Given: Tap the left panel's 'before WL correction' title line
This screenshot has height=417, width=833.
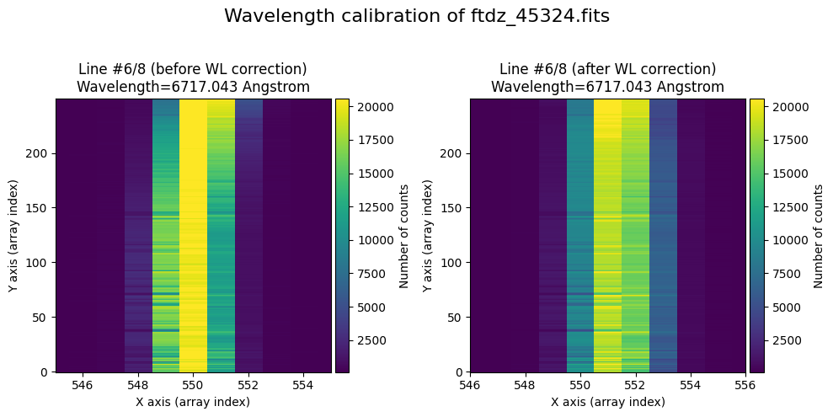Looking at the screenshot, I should (x=193, y=68).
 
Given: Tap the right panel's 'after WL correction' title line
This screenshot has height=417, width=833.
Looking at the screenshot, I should (x=607, y=68).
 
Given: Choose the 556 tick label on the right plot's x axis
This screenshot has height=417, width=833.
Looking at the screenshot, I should (x=746, y=384).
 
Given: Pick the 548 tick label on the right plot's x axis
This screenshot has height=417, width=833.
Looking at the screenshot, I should (x=525, y=384).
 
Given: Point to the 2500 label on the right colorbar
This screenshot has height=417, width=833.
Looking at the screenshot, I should (x=782, y=340).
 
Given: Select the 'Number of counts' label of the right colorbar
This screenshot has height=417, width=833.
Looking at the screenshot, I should (x=818, y=235).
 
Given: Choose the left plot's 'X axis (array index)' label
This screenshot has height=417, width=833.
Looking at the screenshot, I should (x=193, y=402).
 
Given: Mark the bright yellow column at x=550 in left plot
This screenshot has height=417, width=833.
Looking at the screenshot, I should (x=193, y=235).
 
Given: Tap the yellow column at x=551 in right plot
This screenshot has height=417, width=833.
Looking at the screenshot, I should (x=607, y=235).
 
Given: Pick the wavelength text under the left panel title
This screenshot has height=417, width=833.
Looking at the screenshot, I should (x=193, y=86).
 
